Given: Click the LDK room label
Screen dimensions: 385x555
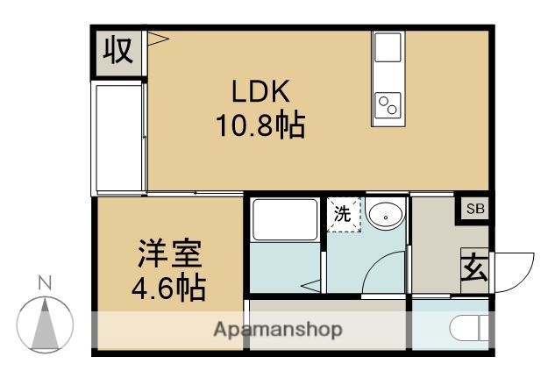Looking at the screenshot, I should point(260,92).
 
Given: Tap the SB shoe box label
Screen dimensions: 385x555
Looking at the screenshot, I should point(474,209).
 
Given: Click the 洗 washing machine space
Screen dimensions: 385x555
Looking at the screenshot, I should point(343,214).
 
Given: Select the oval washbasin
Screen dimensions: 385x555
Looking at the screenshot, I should point(384,214).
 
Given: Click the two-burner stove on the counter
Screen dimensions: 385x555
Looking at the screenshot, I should point(388,106).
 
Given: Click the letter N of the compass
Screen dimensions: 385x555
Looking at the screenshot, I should point(45,282).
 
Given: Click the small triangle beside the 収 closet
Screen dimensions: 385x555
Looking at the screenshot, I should point(157,39).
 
